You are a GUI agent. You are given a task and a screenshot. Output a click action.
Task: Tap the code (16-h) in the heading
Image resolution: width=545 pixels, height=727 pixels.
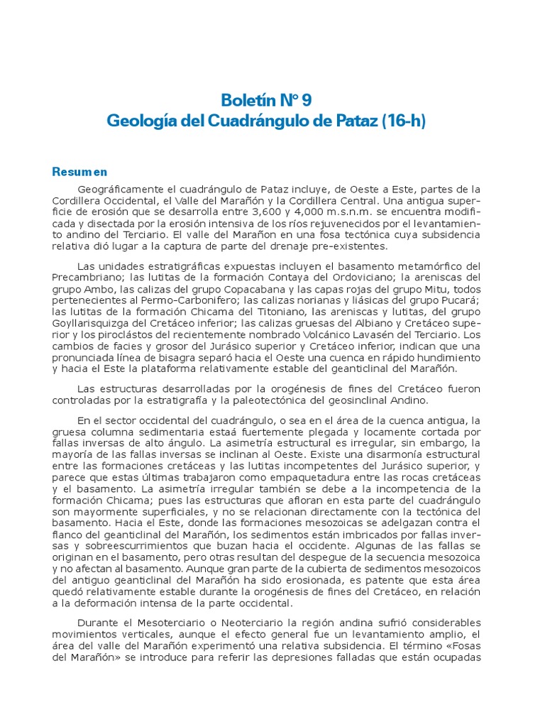tap(403, 121)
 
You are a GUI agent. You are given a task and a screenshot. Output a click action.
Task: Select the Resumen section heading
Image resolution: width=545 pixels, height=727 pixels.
tap(79, 171)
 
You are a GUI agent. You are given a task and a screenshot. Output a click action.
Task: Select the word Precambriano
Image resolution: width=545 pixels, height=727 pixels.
tap(89, 277)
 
